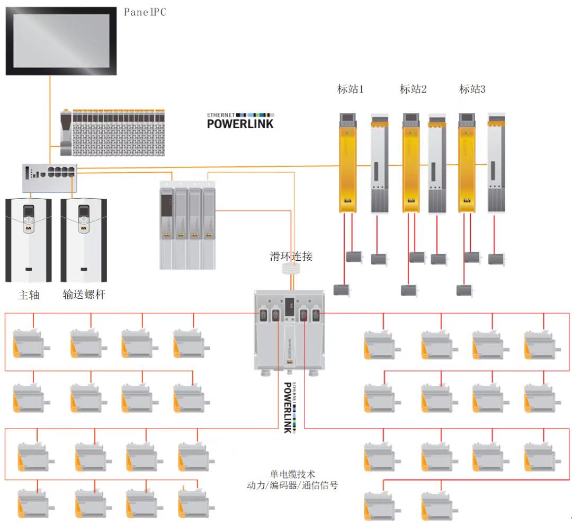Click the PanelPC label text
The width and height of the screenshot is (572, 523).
click(x=145, y=12)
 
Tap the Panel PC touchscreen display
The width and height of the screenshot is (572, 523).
click(x=61, y=40)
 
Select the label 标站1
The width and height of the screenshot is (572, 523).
click(x=351, y=89)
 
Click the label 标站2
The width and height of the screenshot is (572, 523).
click(x=413, y=89)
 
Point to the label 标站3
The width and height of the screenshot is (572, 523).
click(x=472, y=89)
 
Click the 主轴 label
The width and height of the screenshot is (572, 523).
click(x=29, y=295)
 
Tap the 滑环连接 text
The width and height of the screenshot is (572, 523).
click(x=291, y=256)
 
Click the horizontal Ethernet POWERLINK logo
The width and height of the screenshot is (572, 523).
click(x=240, y=121)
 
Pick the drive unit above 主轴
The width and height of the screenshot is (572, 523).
click(x=29, y=240)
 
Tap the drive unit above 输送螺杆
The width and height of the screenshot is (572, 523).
click(x=84, y=240)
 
